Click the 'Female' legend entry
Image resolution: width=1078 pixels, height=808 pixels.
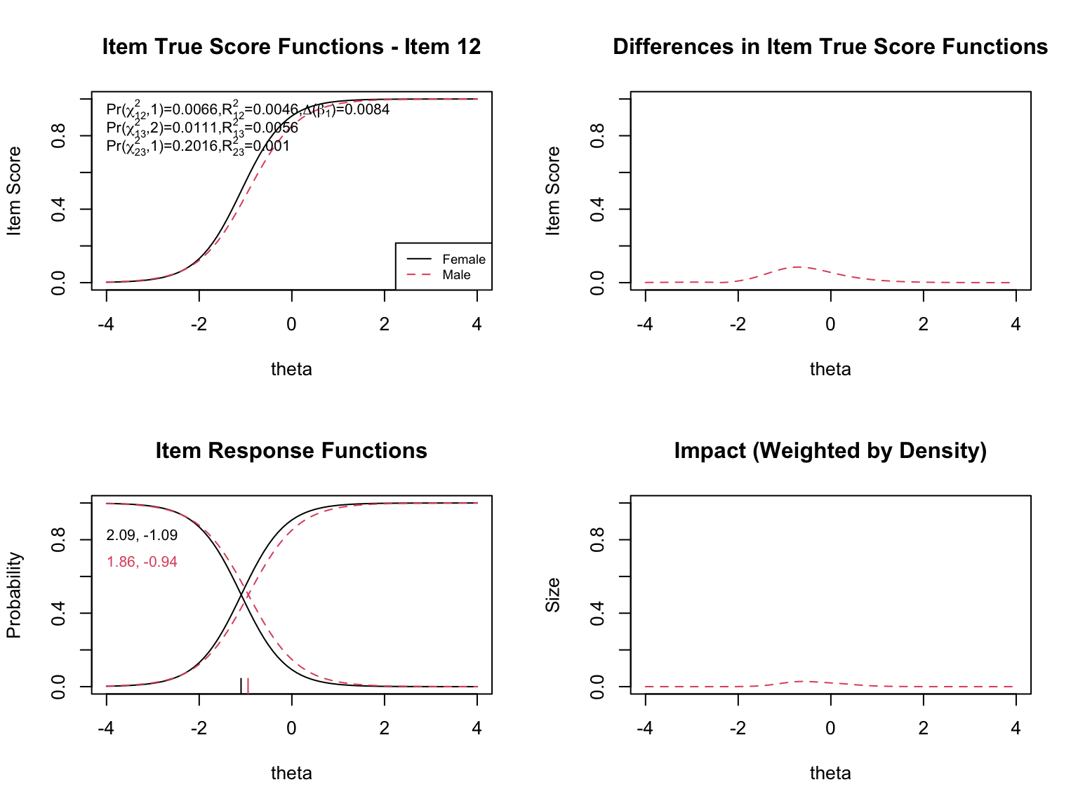coord(463,260)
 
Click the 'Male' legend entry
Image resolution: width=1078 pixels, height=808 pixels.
coord(456,275)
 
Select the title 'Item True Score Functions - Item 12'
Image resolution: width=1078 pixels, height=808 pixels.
coord(291,47)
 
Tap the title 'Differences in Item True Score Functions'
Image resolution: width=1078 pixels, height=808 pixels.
coord(830,47)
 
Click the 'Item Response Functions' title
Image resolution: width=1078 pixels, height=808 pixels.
coord(291,451)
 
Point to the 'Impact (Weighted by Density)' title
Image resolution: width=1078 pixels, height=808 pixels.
coord(830,451)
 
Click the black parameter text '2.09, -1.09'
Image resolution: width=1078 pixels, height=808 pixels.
coord(142,535)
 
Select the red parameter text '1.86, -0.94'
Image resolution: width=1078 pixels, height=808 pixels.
coord(142,562)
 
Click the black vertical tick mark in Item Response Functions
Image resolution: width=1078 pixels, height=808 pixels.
coord(241,685)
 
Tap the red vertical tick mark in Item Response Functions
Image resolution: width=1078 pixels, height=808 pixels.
coord(248,685)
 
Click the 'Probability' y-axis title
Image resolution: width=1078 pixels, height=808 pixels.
coord(14,595)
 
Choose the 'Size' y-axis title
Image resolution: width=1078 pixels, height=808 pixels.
coord(553,595)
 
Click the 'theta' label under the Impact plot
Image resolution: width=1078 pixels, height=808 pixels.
coord(830,773)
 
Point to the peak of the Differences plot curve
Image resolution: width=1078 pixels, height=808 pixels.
coord(799,267)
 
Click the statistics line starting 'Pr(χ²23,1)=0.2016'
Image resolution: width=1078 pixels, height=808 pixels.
coord(198,146)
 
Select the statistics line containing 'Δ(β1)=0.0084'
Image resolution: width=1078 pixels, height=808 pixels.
coord(248,109)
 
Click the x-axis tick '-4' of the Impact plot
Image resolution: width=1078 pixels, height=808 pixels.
coord(645,728)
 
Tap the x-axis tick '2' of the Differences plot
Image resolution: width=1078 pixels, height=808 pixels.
coord(923,324)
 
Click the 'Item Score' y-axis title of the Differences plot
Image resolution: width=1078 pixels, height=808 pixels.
coord(553,191)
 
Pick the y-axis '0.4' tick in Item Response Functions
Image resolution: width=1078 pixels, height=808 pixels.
coord(59,613)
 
